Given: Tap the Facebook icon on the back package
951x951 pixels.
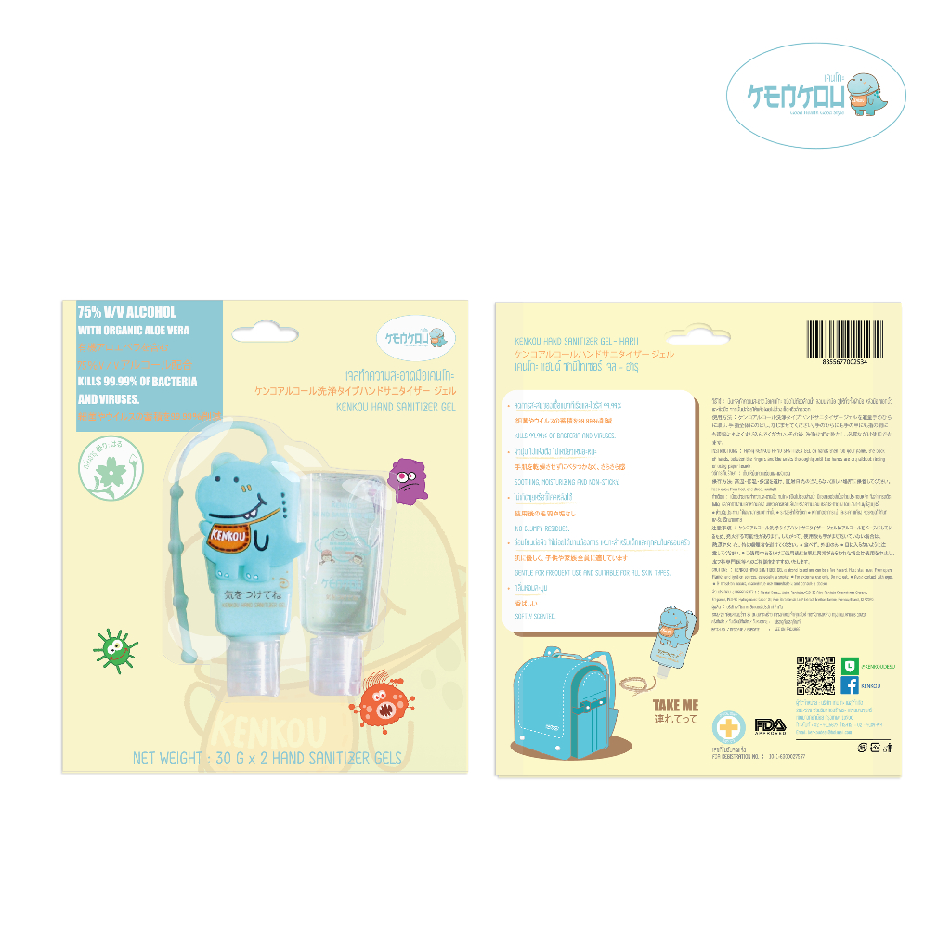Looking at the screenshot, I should click(850, 685).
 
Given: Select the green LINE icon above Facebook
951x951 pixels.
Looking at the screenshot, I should click(850, 663).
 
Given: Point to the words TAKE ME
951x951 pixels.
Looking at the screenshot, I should click(675, 706).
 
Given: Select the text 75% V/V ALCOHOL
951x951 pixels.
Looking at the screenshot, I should click(126, 312).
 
